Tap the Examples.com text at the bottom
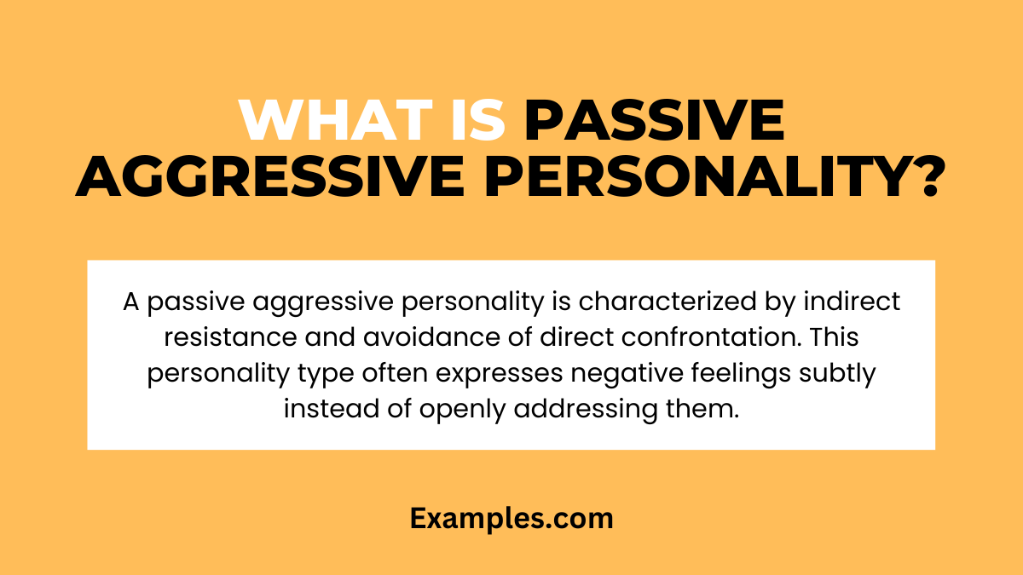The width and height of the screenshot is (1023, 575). tap(511, 518)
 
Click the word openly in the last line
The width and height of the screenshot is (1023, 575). tap(467, 410)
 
